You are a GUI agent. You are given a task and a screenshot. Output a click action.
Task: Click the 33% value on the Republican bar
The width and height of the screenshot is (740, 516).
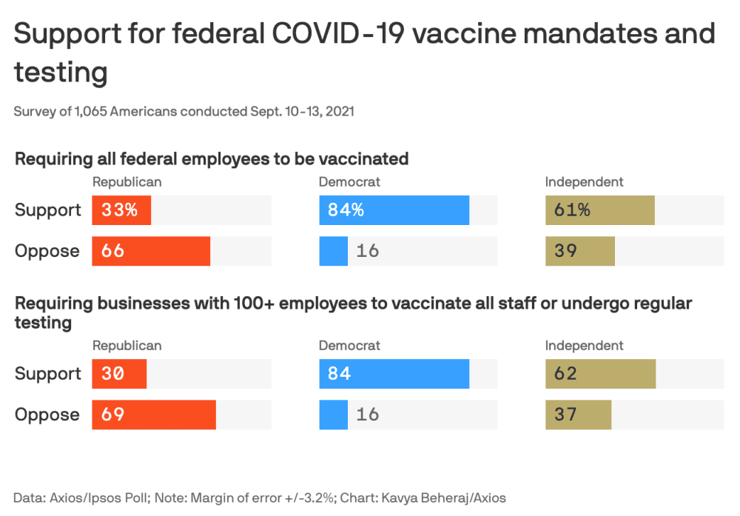(120, 210)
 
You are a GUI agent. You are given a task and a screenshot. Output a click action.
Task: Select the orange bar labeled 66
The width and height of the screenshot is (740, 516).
(151, 251)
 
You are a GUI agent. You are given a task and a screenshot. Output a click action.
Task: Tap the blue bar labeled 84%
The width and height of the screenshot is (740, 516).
(394, 210)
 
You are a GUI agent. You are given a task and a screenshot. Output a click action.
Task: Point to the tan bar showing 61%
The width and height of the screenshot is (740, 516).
(599, 210)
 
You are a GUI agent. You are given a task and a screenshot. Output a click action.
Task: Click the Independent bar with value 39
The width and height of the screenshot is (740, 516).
(580, 251)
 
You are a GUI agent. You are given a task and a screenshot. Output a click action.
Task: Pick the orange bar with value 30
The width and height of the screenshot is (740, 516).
(119, 374)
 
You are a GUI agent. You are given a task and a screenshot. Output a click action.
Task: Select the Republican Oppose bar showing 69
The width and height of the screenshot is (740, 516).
(154, 415)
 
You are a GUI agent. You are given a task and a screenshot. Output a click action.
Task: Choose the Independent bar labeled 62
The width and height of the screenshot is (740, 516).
(600, 374)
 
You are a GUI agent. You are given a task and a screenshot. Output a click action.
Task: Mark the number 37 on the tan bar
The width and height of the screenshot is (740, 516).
(565, 415)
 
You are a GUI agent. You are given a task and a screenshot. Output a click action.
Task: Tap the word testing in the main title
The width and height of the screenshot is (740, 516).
(61, 73)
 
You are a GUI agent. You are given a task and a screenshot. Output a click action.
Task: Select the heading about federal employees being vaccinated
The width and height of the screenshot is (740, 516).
(212, 158)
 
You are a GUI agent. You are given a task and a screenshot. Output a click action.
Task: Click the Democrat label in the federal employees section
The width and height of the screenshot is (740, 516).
(349, 182)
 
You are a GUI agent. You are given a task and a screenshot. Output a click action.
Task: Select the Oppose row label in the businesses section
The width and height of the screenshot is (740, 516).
(47, 415)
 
